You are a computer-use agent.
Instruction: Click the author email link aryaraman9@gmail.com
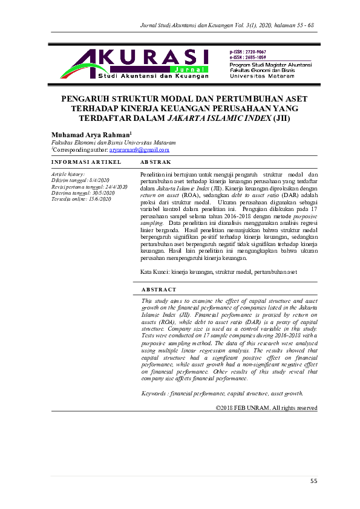[x=139, y=149]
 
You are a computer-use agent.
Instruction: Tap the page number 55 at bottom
[x=313, y=481]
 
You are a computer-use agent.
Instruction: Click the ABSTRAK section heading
[x=155, y=162]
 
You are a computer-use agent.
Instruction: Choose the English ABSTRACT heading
[x=159, y=290]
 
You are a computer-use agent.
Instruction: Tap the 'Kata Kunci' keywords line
[x=218, y=272]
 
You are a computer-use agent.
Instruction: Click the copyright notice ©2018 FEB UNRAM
[x=267, y=391]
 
